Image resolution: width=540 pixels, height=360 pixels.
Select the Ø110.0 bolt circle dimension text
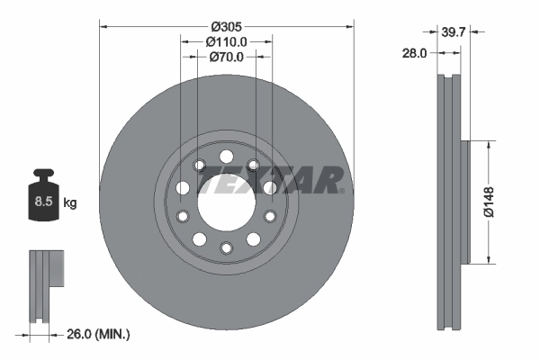coord(226,41)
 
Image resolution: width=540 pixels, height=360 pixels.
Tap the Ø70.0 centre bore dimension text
coord(226,57)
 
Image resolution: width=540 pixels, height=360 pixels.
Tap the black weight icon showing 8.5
coord(43,201)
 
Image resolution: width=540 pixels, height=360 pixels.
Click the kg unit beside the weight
coord(69,203)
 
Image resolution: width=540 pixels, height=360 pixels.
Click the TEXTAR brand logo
coord(268,182)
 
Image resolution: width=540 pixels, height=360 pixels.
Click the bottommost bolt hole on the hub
coord(225,249)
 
